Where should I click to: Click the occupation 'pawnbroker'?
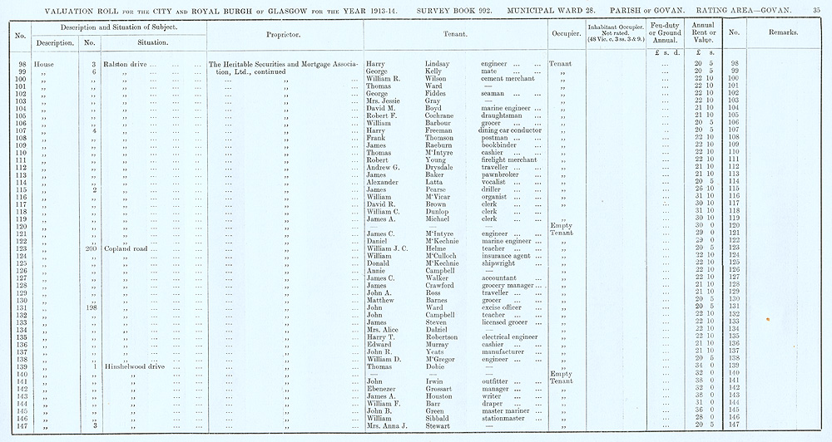[x=503, y=175]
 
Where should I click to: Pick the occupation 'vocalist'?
[x=496, y=183]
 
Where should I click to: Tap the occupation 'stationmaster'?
[x=508, y=418]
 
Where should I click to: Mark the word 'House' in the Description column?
[x=44, y=63]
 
